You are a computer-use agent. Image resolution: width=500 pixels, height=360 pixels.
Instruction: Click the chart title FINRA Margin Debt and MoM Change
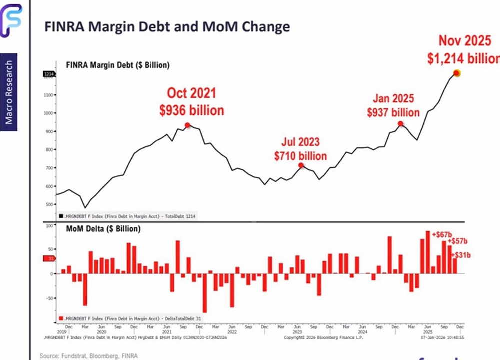[x=167, y=26]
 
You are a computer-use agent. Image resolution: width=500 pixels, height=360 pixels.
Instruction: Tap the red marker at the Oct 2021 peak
[x=187, y=126]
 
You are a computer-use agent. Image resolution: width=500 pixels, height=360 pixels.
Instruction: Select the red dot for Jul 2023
[x=301, y=165]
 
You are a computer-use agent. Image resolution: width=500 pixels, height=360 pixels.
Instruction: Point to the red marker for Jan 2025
[x=401, y=124]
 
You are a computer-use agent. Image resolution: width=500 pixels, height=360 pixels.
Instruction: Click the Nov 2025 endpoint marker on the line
[x=456, y=73]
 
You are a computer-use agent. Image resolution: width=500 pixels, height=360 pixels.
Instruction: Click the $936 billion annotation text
[x=192, y=110]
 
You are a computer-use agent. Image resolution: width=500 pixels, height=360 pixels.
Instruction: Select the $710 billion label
[x=300, y=156]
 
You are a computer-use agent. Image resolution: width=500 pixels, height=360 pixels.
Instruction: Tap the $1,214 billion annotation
[x=463, y=57]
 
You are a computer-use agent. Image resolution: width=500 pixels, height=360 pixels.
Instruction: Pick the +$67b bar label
[x=442, y=234]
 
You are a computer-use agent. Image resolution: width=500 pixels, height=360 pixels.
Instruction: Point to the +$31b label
[x=462, y=256]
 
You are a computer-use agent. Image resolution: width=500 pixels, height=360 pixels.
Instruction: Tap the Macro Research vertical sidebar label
[x=9, y=92]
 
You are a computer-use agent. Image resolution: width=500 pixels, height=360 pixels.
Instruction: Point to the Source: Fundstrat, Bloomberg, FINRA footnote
[x=89, y=355]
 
